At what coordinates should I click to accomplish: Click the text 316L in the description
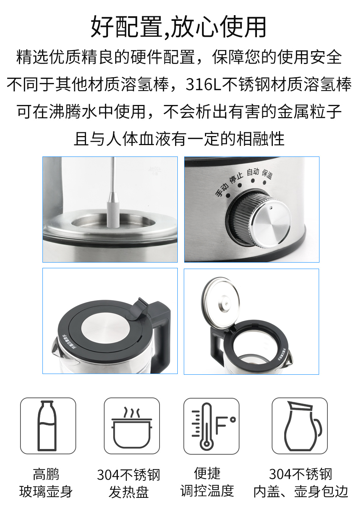coord(203,84)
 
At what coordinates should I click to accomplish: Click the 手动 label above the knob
coord(222,189)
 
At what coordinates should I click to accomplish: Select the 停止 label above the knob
coord(236,178)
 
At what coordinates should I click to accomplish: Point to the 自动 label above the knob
coord(253,172)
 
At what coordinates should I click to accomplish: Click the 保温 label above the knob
coord(267,174)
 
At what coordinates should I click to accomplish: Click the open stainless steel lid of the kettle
coord(221,301)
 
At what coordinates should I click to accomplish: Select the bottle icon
coord(48,426)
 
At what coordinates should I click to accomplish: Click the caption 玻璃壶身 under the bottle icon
coord(46,492)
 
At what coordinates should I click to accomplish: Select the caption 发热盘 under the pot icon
coord(128,492)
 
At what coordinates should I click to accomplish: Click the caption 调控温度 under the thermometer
coord(207,491)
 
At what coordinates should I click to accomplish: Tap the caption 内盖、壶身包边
coord(301,491)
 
